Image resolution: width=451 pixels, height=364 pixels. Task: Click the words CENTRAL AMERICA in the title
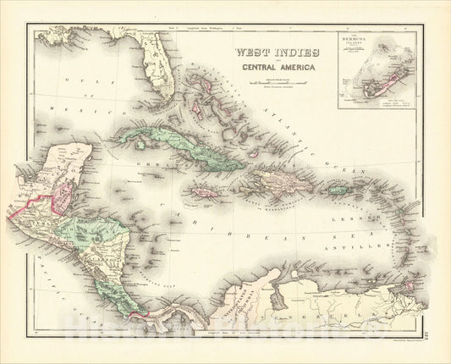click(x=267, y=72)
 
